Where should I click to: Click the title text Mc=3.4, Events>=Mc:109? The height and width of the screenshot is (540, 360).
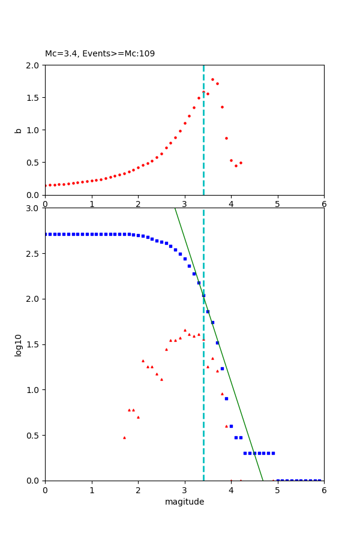click(100, 54)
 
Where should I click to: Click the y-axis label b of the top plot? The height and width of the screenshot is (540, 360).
click(18, 130)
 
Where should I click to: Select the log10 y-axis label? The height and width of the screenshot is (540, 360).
click(18, 344)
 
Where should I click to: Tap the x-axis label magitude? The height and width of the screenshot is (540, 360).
click(184, 502)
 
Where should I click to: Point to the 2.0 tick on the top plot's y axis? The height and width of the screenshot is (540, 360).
click(34, 65)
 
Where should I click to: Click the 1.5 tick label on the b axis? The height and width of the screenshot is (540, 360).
click(34, 97)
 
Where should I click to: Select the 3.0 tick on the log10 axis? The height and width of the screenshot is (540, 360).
click(34, 208)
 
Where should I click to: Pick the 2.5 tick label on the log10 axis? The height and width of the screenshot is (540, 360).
click(34, 253)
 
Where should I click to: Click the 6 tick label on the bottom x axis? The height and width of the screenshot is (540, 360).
click(324, 490)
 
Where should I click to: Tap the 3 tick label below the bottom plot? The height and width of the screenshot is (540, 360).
click(184, 490)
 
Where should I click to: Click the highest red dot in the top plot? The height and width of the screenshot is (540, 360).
click(212, 79)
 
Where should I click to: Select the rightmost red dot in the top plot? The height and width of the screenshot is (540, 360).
click(241, 163)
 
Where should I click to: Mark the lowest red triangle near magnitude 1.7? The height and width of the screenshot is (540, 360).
click(124, 437)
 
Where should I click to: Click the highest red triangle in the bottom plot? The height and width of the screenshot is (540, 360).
click(185, 330)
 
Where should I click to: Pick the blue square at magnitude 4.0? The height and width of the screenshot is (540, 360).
click(231, 426)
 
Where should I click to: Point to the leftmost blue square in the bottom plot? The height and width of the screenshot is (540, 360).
click(46, 234)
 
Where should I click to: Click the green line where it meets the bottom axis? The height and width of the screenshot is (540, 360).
click(263, 480)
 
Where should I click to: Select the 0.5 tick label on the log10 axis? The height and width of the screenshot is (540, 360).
click(34, 435)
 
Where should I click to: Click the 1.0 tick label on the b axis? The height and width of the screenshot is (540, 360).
click(34, 130)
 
